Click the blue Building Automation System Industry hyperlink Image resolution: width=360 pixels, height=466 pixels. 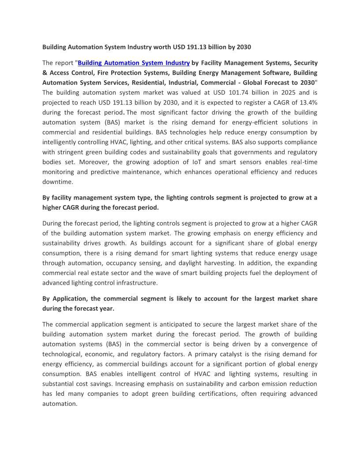(134, 63)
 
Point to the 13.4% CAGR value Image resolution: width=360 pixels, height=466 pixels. (307, 102)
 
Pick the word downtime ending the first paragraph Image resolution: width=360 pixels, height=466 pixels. (58, 182)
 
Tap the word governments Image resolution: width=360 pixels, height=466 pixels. (247, 152)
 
